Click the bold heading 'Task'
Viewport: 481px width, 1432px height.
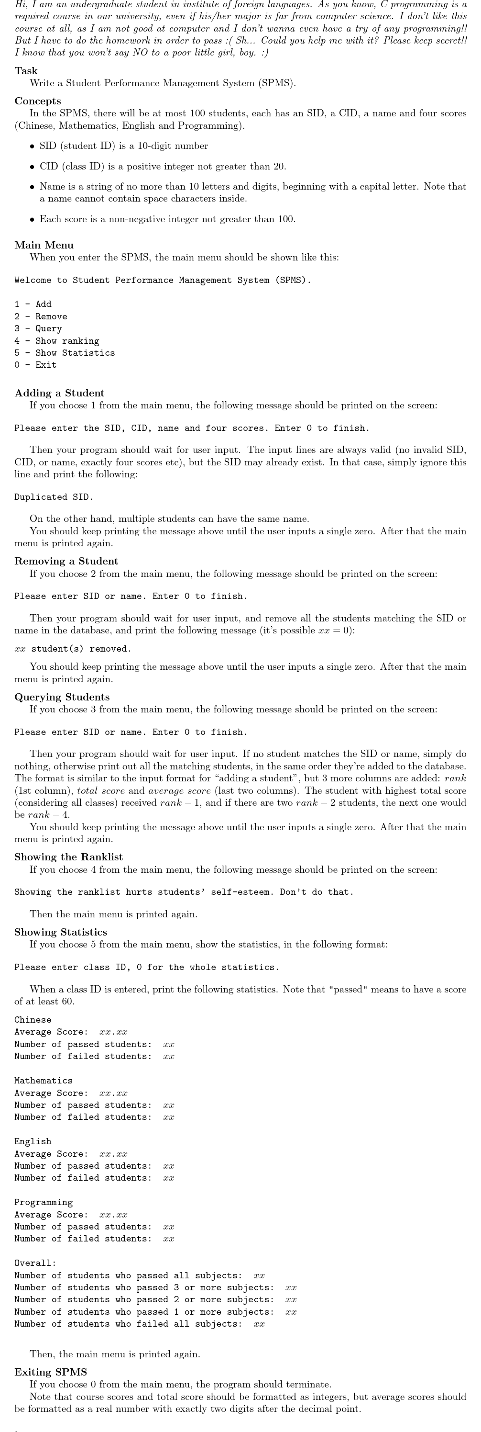tap(26, 70)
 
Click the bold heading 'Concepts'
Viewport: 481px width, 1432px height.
tap(38, 101)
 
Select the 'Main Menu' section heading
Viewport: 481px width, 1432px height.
tap(44, 245)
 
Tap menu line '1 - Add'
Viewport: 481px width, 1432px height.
tap(33, 304)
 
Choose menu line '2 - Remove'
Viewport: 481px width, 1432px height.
tap(41, 316)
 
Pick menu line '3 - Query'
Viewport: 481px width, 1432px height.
tap(38, 328)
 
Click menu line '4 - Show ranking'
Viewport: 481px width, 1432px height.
tap(56, 341)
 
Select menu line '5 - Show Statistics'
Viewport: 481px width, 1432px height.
tap(65, 353)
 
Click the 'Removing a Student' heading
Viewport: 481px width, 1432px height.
tap(66, 561)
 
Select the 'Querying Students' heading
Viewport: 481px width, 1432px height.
tap(62, 697)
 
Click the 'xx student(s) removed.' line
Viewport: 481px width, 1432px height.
tap(73, 649)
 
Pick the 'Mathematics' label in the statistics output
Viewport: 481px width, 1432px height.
tap(44, 1081)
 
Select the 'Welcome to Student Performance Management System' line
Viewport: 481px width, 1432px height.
tap(162, 280)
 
